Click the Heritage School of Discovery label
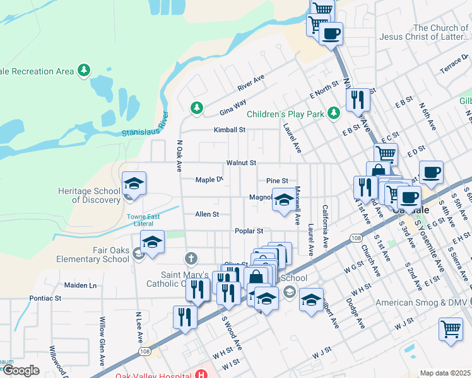point(96,195)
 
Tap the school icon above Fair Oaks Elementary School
point(152,243)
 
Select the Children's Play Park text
point(285,114)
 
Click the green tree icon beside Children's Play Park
point(334,113)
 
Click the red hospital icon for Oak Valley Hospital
point(201,374)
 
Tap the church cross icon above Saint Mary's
point(191,258)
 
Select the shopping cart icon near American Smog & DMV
point(451,328)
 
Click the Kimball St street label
point(229,130)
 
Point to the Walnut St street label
point(241,163)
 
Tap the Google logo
point(20,370)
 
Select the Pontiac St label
point(45,297)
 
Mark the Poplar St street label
point(249,231)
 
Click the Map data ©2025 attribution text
point(445,373)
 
